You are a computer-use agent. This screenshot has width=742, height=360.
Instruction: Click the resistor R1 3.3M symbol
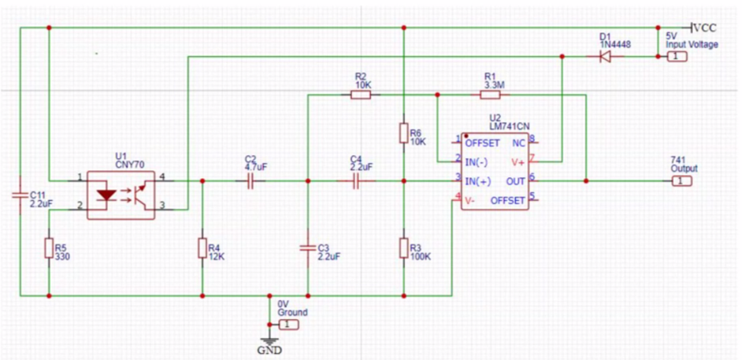[489, 95]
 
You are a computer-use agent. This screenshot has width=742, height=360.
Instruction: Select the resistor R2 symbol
[360, 95]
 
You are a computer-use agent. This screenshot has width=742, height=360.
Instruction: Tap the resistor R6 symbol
[403, 132]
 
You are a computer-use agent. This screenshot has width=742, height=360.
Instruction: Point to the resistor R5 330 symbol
[49, 249]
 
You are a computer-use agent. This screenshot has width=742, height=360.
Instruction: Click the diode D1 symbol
[605, 57]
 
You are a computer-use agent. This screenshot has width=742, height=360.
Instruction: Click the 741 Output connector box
[681, 181]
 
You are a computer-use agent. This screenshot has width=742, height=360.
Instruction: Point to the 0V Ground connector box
[289, 324]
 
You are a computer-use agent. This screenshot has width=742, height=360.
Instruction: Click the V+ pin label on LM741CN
[518, 162]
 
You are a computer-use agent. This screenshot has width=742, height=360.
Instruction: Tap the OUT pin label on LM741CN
[516, 181]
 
